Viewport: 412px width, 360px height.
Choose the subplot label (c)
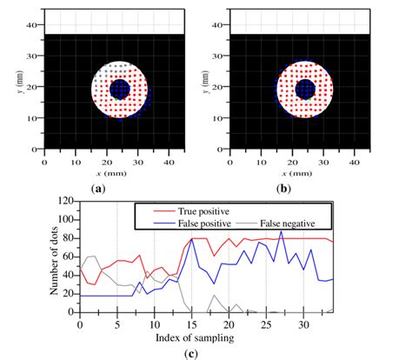205,352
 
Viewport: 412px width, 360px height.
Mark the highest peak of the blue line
281,230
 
